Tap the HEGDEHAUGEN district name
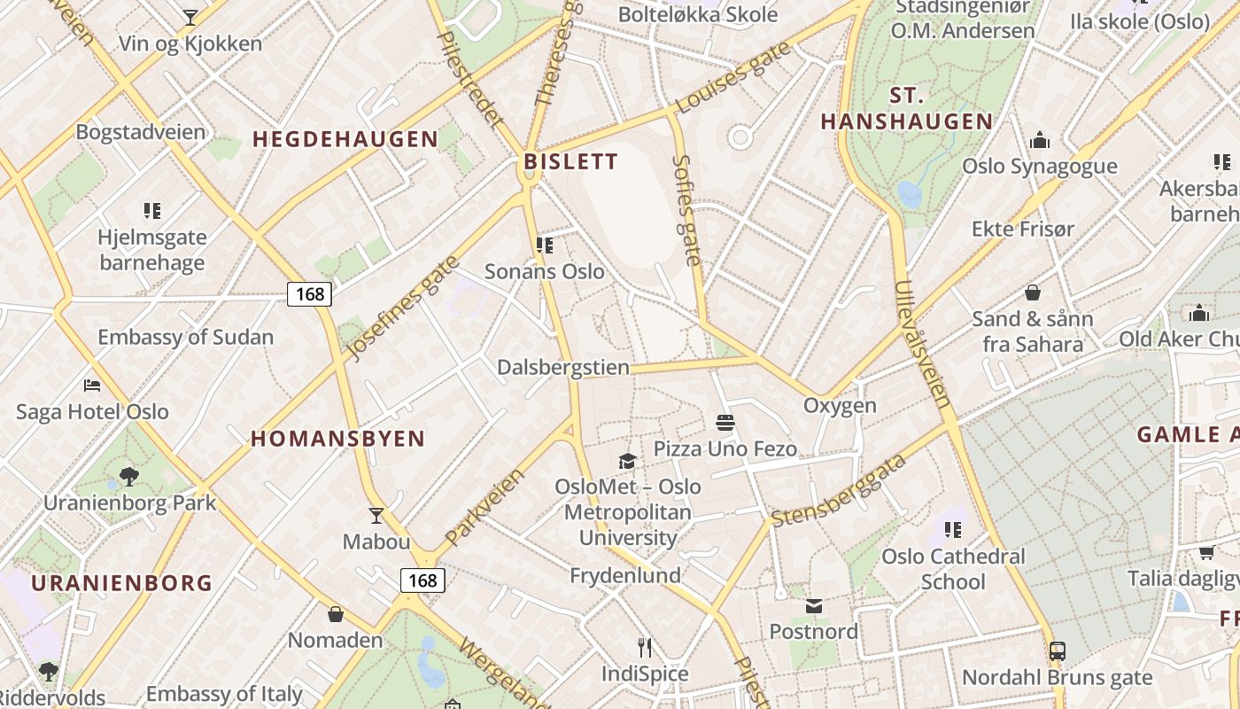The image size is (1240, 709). [345, 139]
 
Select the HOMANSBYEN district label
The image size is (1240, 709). [338, 439]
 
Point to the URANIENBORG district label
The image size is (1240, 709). [122, 583]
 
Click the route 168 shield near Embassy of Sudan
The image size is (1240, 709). [309, 293]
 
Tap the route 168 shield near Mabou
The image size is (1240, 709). [422, 580]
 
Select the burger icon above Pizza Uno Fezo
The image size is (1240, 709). [725, 423]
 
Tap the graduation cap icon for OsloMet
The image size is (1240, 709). [627, 461]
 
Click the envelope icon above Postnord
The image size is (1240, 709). [813, 606]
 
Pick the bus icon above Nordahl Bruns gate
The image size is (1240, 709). [1057, 651]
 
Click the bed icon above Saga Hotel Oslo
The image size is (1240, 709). [92, 385]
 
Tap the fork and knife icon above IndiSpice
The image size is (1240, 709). [645, 648]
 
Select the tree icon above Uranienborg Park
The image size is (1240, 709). [129, 477]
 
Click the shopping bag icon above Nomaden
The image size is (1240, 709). [336, 614]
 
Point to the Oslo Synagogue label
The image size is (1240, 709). [1040, 167]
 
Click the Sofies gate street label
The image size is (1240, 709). [687, 210]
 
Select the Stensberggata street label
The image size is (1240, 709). [840, 490]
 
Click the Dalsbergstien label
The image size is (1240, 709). [563, 368]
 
